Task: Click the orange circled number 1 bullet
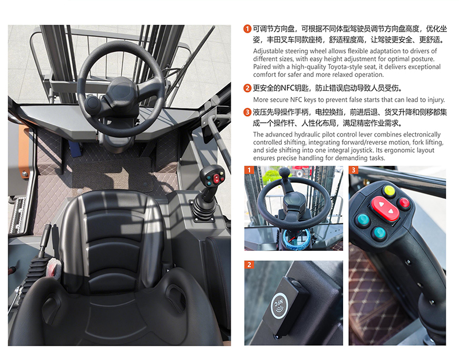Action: click(x=247, y=29)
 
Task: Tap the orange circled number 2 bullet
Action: click(x=247, y=88)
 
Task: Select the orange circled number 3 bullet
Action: click(x=247, y=112)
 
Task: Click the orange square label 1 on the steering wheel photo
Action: click(x=249, y=170)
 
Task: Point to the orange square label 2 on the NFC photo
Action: click(x=249, y=265)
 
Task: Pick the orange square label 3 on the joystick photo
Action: click(x=353, y=170)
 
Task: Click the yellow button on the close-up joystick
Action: click(x=390, y=191)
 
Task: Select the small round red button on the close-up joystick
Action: click(x=404, y=203)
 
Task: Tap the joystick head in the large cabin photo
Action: click(x=212, y=176)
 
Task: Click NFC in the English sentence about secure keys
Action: click(x=296, y=99)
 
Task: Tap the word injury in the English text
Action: click(x=435, y=99)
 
